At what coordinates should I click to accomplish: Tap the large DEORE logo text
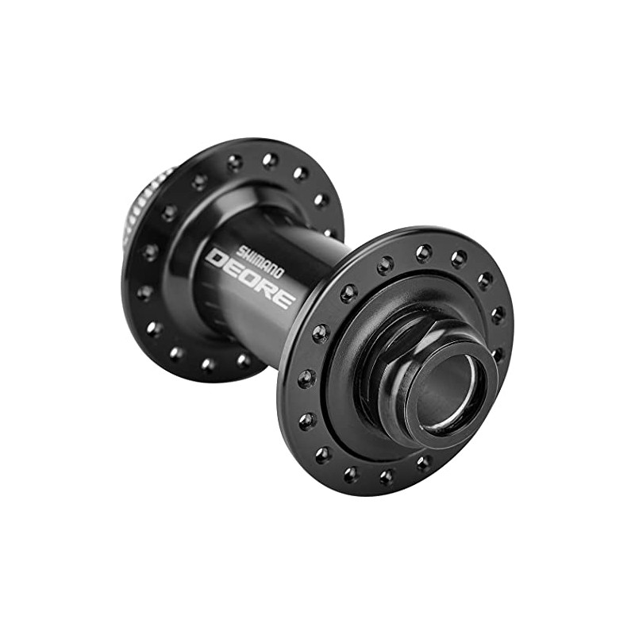(x=251, y=277)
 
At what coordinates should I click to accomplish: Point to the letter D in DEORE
(x=215, y=260)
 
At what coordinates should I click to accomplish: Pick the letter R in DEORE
(x=267, y=287)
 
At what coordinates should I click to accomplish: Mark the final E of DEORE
(x=285, y=297)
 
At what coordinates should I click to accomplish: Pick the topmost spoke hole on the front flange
(x=424, y=252)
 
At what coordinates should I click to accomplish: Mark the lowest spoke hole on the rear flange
(x=208, y=364)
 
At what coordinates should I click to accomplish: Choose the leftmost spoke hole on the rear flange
(x=144, y=292)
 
